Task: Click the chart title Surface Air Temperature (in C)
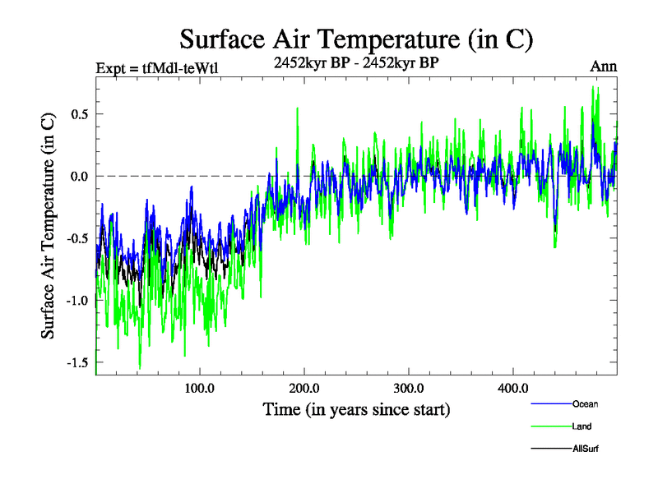coord(357,39)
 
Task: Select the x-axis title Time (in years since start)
coord(357,408)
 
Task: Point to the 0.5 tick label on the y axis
coord(79,113)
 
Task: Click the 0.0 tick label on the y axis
coord(79,176)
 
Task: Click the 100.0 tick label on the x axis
coord(200,388)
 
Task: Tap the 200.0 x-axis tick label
coord(304,388)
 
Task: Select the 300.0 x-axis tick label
coord(409,388)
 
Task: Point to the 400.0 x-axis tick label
coord(513,388)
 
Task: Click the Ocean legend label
coord(585,403)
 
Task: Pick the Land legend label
coord(582,426)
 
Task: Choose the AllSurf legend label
coord(586,449)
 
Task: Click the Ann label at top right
coord(603,67)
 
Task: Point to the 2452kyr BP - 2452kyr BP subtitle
coord(357,61)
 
